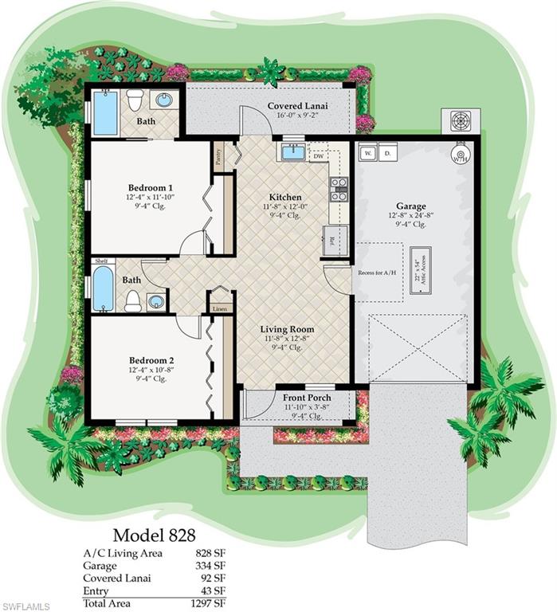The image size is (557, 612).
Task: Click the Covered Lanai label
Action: (x=298, y=105)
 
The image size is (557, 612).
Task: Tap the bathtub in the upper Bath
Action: (x=105, y=113)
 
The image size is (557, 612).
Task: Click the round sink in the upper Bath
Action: (x=164, y=100)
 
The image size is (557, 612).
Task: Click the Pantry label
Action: (x=218, y=155)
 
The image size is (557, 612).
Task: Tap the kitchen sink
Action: (x=292, y=151)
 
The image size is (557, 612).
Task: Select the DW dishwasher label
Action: (x=318, y=156)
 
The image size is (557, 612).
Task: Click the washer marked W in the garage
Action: (x=367, y=151)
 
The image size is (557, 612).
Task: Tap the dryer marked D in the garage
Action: (x=387, y=151)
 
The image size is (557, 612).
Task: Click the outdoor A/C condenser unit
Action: (x=461, y=121)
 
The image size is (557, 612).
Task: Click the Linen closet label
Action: (x=220, y=307)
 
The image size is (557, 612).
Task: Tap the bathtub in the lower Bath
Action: (x=104, y=288)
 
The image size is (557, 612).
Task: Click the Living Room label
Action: (x=287, y=329)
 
